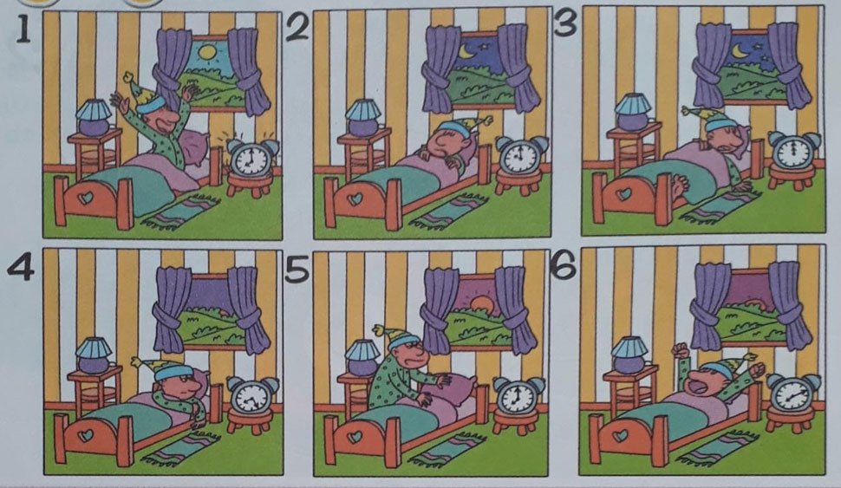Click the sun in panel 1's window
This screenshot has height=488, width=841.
pyautogui.click(x=206, y=52)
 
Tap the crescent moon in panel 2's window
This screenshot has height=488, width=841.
pyautogui.click(x=465, y=51)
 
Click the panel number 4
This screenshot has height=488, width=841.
pyautogui.click(x=21, y=266)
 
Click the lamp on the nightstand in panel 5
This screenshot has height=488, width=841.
pyautogui.click(x=362, y=358)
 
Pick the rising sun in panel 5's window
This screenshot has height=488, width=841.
pyautogui.click(x=480, y=303)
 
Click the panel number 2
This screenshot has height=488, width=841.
pyautogui.click(x=297, y=28)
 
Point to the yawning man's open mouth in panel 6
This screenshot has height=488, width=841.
pyautogui.click(x=699, y=383)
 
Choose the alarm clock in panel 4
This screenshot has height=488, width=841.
pyautogui.click(x=252, y=395)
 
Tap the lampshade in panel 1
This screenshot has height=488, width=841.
pyautogui.click(x=94, y=110)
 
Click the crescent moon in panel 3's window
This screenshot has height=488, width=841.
pyautogui.click(x=740, y=50)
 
